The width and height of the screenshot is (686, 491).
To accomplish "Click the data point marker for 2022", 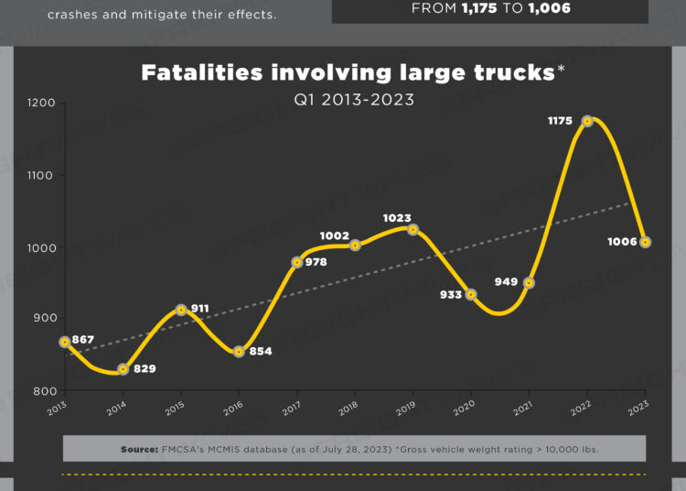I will pyautogui.click(x=587, y=121).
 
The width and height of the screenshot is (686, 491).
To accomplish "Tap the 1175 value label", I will pyautogui.click(x=561, y=120).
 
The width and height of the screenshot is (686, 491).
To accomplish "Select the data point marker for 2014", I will pyautogui.click(x=123, y=369).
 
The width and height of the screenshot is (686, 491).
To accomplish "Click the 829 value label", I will pyautogui.click(x=145, y=368).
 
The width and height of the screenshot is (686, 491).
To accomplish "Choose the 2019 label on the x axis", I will pyautogui.click(x=411, y=406).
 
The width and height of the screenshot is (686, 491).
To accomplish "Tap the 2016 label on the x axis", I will pyautogui.click(x=235, y=406).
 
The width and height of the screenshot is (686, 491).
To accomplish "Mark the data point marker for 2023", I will pyautogui.click(x=646, y=242).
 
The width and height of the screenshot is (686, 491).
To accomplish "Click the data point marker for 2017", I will pyautogui.click(x=297, y=262).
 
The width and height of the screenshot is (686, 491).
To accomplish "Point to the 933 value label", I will pyautogui.click(x=452, y=295).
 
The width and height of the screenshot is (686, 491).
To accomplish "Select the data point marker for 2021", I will pyautogui.click(x=529, y=283).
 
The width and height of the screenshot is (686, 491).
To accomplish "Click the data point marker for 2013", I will pyautogui.click(x=64, y=342).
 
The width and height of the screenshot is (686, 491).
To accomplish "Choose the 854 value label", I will pyautogui.click(x=260, y=351).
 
